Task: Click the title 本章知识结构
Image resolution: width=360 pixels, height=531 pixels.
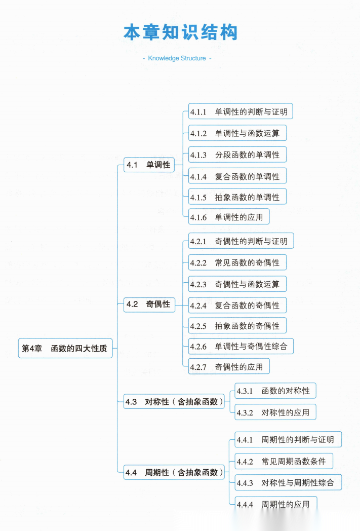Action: point(180,32)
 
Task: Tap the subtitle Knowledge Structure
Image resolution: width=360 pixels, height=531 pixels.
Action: point(177,58)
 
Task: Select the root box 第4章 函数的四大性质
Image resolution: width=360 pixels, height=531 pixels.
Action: point(65,348)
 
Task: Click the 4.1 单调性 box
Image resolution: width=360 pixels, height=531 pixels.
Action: point(149,165)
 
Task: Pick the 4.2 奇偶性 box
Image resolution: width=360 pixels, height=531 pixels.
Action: point(149,305)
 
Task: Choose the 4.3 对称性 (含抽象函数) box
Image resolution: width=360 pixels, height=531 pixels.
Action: point(174,402)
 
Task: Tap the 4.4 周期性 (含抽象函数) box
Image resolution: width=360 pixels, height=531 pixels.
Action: point(174,472)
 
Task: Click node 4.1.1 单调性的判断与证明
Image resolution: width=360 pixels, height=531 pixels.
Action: point(241,111)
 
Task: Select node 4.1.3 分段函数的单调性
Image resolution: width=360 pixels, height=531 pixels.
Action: point(237,155)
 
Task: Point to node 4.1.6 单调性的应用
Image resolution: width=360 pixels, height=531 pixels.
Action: point(229,217)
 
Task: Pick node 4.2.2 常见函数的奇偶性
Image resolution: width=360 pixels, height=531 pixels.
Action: point(237,262)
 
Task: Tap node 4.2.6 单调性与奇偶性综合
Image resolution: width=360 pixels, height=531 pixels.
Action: point(241,346)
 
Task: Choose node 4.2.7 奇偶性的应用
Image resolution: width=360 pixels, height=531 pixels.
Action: point(229,366)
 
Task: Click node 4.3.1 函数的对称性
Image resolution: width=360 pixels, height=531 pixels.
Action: point(275,391)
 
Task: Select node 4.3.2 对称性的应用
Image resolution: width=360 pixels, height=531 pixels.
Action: point(275,412)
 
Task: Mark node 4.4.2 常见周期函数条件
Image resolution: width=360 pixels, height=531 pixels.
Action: point(284,461)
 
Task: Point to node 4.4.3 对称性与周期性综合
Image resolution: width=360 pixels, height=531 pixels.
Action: point(288,482)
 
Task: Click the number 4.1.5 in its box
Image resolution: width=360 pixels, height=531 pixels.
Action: point(198,198)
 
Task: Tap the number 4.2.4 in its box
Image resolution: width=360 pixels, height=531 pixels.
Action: point(198,306)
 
